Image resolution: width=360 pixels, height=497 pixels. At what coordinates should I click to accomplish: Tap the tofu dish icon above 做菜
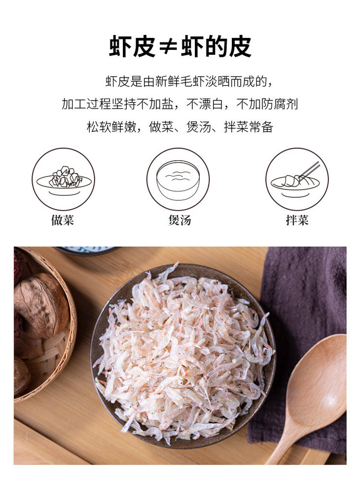pos(64,179)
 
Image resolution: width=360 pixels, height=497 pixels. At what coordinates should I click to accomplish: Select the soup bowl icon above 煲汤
pos(178,179)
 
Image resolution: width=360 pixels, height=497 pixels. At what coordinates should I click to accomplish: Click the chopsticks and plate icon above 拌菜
pos(297,179)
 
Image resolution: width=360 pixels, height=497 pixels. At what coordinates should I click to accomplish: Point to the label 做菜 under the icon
pos(63,220)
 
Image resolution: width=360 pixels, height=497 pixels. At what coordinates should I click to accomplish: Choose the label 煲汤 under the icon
pos(180,220)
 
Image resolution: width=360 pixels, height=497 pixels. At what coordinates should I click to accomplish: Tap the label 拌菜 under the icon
pos(297,220)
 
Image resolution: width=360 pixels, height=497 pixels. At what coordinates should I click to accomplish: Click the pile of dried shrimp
pos(184,352)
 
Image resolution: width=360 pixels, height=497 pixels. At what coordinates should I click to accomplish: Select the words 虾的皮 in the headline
pos(216,46)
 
